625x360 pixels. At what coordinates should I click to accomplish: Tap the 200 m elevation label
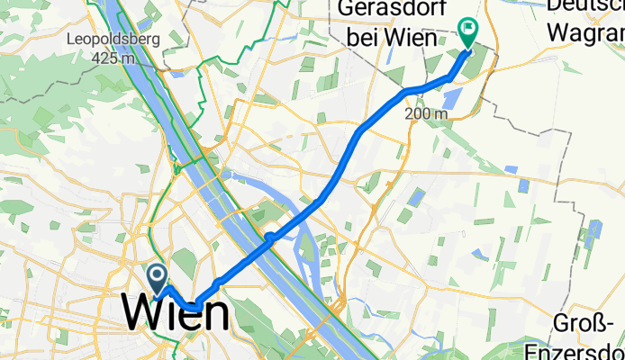tap(426, 114)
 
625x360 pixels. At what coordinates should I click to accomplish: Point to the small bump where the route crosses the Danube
tap(268, 237)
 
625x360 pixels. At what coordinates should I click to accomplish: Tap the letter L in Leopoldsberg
tap(70, 40)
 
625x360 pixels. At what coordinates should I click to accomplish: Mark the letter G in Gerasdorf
tap(345, 11)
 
